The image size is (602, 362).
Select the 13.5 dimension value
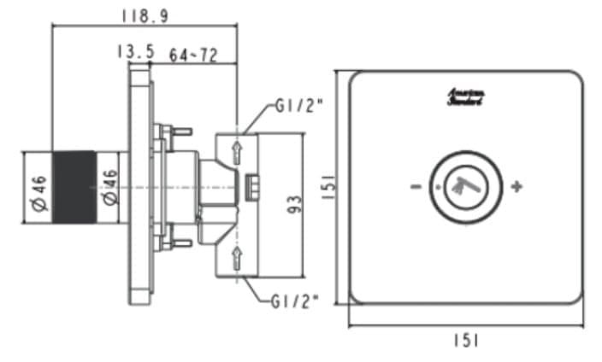tap(134, 53)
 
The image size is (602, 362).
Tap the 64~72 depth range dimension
tap(193, 55)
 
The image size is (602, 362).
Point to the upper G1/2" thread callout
tap(299, 107)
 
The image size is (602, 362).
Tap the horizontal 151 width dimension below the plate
tap(466, 340)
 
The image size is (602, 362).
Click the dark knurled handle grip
tap(74, 187)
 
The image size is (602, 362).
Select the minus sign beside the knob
tap(414, 186)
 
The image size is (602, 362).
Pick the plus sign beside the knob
tap(516, 186)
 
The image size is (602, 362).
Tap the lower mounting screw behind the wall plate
tap(177, 243)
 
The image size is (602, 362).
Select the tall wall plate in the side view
tap(139, 188)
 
